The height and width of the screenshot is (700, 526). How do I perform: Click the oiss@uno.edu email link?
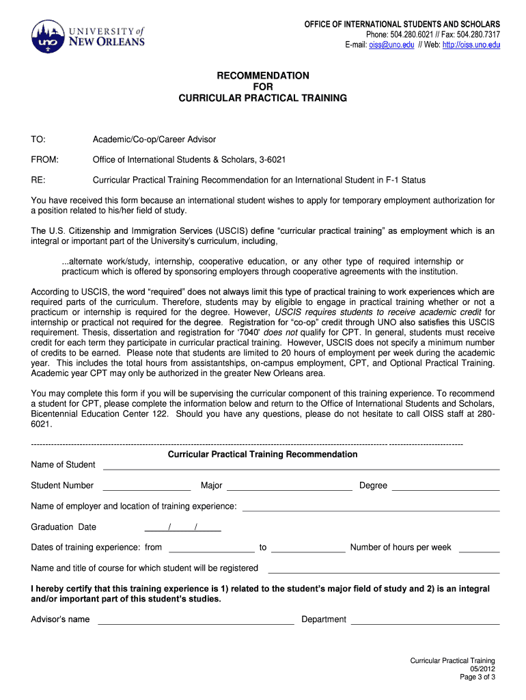point(392,45)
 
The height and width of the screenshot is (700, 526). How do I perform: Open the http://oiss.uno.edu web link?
point(471,45)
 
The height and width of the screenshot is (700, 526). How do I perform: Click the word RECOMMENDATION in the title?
point(263,75)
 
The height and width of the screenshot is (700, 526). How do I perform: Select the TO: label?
point(38,139)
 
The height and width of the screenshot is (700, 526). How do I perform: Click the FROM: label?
point(45,160)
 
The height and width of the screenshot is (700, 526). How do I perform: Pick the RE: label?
point(38,180)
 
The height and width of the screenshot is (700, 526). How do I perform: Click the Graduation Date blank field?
point(183,528)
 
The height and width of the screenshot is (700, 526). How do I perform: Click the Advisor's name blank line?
point(196,621)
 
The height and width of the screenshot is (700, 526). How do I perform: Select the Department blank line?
point(425,621)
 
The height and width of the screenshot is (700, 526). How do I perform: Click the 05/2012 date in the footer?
point(482,669)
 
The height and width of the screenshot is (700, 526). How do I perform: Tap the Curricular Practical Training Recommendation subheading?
point(263,455)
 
